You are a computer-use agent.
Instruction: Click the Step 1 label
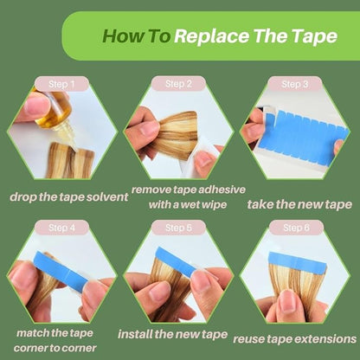point(61,84)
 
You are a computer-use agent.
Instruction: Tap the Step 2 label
point(178,84)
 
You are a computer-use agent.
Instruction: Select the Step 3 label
point(295,84)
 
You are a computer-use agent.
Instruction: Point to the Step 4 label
point(61,228)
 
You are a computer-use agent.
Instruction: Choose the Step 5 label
point(178,228)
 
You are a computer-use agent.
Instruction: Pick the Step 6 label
point(296,228)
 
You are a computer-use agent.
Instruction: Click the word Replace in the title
point(212,36)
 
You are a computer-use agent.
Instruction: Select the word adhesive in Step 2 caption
point(222,190)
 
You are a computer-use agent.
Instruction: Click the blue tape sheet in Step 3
point(301,133)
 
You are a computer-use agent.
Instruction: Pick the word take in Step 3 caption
point(260,204)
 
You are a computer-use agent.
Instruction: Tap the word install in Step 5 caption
point(135,334)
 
